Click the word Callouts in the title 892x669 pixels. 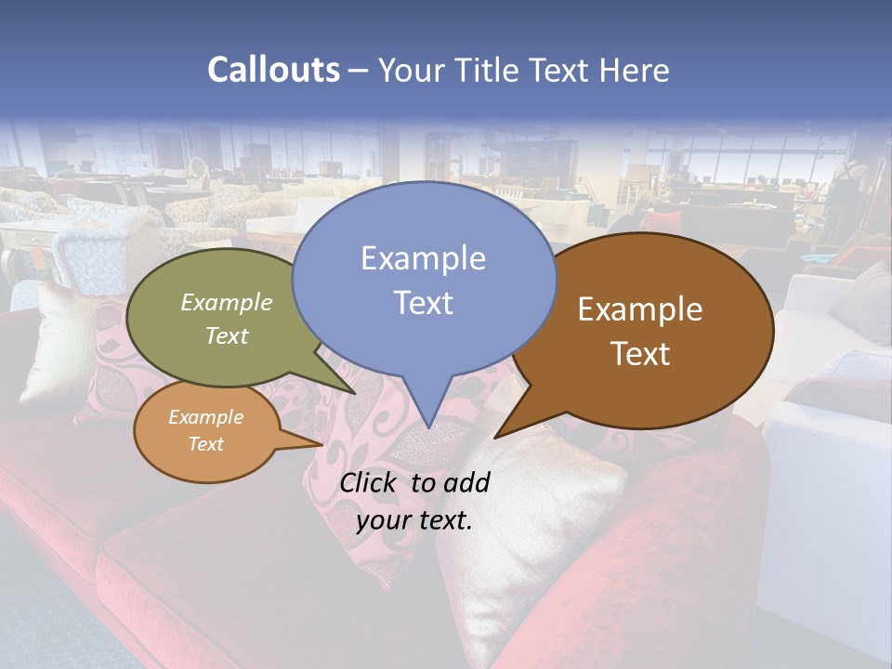[273, 70]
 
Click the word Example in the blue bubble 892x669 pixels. [423, 258]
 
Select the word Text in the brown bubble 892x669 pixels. [640, 354]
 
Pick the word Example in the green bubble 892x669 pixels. [227, 303]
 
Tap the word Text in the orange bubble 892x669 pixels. [206, 444]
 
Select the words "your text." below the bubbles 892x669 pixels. [414, 520]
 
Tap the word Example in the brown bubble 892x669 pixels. [640, 309]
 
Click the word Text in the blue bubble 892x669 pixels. [423, 303]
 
